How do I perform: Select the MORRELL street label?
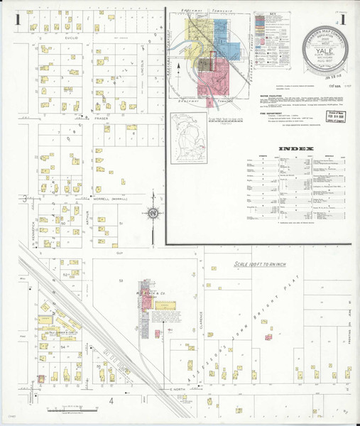tap(102, 200)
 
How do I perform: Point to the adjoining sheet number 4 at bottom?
tap(111, 401)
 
